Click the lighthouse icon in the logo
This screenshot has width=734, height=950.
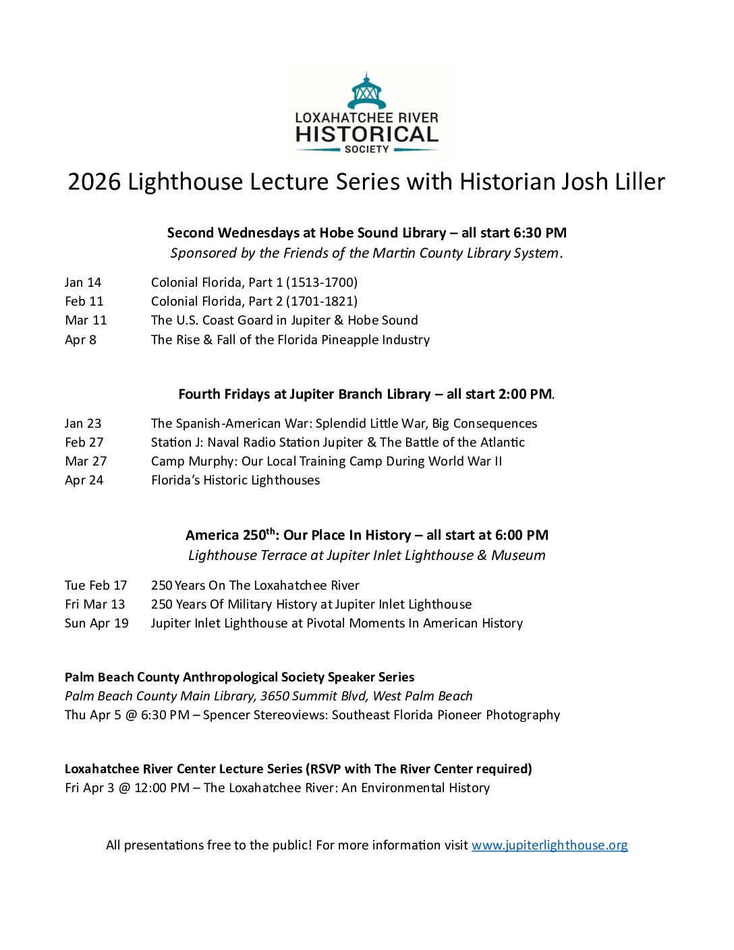366,92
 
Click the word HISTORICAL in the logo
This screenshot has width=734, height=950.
366,134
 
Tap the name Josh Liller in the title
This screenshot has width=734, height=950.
600,182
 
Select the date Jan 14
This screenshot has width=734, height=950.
83,283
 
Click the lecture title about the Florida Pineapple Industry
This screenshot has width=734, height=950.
290,340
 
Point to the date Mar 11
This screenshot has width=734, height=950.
86,320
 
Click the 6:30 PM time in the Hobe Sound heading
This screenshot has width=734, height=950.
540,233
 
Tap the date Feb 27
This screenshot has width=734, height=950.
84,443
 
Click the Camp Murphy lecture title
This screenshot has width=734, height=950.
327,462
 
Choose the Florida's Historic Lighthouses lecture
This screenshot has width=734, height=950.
235,480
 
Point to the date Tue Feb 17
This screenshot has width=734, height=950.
96,586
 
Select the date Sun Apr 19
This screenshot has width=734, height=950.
96,623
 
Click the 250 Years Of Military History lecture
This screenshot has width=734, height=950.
311,605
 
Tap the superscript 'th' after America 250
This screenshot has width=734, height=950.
271,531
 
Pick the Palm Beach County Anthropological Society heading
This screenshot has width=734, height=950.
239,677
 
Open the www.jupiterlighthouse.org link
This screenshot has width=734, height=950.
549,845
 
